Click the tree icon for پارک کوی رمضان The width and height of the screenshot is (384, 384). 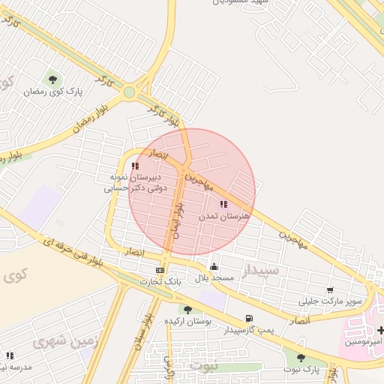52,78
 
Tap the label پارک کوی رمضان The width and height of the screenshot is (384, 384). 52,91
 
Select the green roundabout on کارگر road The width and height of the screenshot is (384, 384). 129,92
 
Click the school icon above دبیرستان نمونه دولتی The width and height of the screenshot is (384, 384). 135,166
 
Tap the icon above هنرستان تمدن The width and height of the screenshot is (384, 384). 223,204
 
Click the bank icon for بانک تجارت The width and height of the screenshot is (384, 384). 159,270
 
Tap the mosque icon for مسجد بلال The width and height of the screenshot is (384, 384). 214,266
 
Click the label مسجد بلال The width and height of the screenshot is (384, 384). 214,278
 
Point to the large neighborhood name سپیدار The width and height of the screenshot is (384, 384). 261,268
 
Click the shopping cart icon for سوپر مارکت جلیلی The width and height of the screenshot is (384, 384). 330,290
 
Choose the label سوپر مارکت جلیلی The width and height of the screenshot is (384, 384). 331,301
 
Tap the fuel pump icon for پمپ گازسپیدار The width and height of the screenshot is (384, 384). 249,318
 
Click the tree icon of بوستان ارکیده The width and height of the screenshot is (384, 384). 187,309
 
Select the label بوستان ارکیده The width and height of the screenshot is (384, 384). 188,321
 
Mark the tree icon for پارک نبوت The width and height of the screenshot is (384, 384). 301,358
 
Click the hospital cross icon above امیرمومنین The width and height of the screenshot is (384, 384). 381,330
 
